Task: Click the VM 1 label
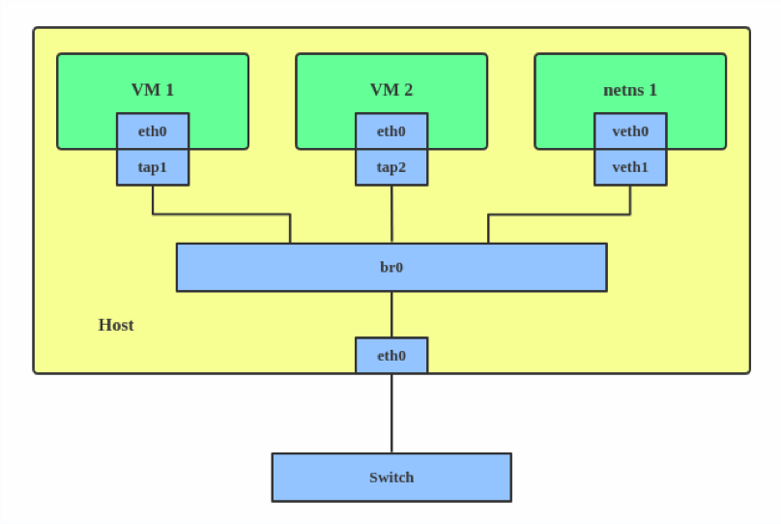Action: coord(153,90)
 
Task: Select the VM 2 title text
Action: coord(391,90)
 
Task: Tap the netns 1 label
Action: coord(630,90)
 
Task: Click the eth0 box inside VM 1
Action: coord(153,131)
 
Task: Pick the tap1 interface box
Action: coord(153,167)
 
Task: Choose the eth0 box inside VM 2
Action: coord(391,131)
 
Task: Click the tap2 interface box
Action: coord(391,167)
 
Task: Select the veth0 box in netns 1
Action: coord(630,131)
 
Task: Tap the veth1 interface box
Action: coord(630,167)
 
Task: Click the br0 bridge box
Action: coord(290,267)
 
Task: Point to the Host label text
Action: coord(116,325)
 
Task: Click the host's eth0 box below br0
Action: coord(391,356)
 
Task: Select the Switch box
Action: coord(319,478)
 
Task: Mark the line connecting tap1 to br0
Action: coord(222,214)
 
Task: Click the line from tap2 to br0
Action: coord(391,214)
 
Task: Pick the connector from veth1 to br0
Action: coord(561,214)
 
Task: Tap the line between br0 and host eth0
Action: coord(391,314)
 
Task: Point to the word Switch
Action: coord(391,478)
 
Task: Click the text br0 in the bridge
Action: coord(391,267)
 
